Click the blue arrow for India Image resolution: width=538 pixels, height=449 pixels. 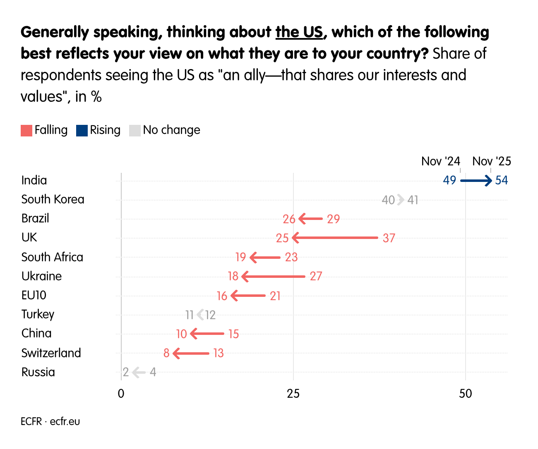[476, 181]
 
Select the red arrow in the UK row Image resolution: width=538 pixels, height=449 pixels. [335, 238]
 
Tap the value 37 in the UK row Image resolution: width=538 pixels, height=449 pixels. [389, 238]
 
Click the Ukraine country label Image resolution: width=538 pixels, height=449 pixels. [41, 276]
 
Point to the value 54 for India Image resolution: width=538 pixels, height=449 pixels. [501, 181]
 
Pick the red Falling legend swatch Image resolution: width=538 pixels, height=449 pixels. [26, 131]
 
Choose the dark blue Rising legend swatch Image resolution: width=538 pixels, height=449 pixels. [82, 131]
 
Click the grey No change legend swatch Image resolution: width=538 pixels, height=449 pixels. [135, 131]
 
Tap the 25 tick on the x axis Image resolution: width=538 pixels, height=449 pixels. [293, 394]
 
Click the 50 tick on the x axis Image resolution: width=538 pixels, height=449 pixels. [465, 394]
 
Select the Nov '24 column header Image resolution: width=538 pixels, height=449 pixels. [440, 161]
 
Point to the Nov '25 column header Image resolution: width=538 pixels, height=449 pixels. [492, 161]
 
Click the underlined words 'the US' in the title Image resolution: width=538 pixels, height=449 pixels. [299, 32]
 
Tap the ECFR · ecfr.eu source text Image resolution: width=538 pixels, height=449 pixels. [50, 422]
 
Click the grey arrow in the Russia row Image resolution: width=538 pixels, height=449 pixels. [139, 373]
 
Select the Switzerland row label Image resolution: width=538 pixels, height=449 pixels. [51, 353]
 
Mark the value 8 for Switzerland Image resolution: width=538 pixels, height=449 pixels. [166, 353]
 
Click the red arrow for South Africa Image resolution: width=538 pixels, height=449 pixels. [265, 258]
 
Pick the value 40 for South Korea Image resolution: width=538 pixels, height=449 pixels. [388, 201]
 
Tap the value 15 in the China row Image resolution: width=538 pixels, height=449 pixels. [233, 334]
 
